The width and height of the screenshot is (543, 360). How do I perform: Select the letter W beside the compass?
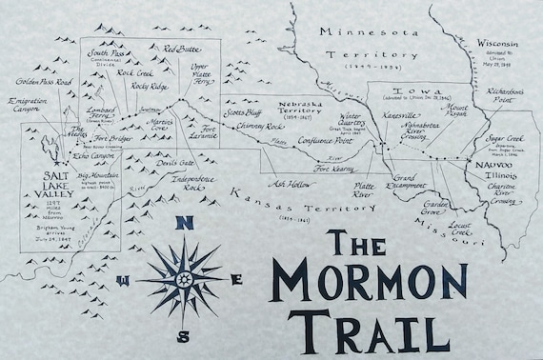pyautogui.click(x=123, y=280)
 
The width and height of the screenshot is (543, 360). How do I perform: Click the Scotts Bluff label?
pyautogui.click(x=244, y=112)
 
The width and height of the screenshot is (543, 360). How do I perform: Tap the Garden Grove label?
pyautogui.click(x=437, y=208)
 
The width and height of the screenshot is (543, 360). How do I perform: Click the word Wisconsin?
pyautogui.click(x=499, y=44)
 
